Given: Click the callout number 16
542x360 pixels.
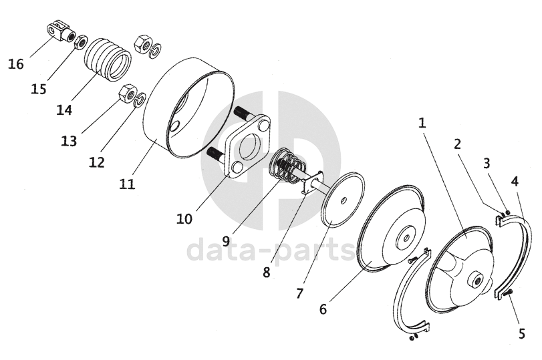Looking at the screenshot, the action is [16, 64].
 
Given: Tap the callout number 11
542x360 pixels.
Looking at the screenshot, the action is [128, 183].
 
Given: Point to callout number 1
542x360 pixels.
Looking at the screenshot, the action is [422, 123].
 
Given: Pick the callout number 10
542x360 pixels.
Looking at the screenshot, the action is [184, 219].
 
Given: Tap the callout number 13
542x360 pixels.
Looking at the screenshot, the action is [68, 142].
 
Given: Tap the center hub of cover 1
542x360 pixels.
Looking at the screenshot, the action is [477, 281].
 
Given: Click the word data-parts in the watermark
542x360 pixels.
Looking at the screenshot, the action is [271, 251].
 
